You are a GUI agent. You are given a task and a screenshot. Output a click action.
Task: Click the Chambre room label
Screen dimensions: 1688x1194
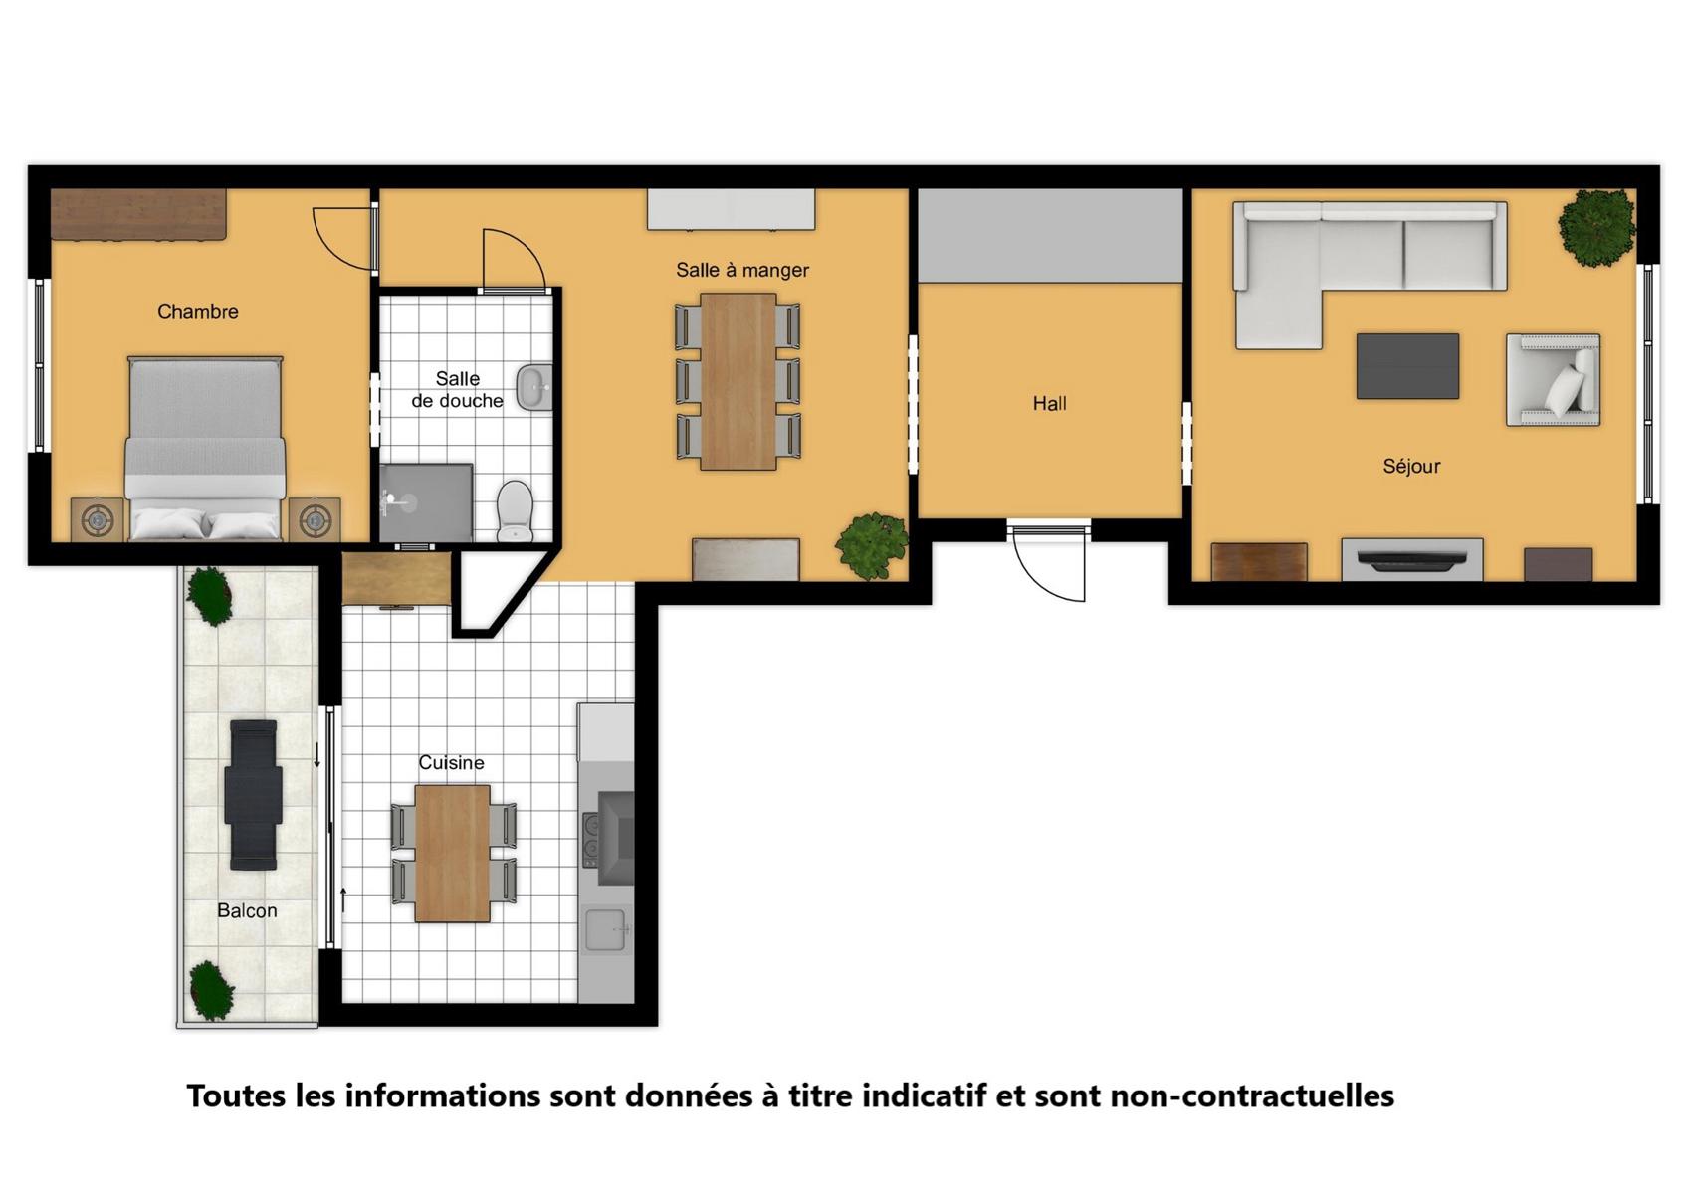point(197,311)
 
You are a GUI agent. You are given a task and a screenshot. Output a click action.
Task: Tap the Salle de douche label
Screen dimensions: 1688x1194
point(458,389)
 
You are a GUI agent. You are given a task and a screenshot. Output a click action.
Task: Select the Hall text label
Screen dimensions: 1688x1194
point(1049,404)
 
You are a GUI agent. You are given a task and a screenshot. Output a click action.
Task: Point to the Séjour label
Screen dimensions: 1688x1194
point(1411,467)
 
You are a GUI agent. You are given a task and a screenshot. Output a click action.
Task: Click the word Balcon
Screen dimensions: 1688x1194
point(247,910)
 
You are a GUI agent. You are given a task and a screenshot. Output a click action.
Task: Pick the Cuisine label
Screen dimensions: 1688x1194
point(452,762)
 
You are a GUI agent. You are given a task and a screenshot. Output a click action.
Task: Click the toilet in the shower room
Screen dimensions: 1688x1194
point(516,510)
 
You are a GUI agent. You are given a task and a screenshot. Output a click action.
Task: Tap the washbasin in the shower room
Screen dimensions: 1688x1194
point(533,387)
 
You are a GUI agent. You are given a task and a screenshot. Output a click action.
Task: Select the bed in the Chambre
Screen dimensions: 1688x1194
point(205,448)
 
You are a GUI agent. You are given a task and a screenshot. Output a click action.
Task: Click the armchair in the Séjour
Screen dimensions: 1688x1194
point(1553,380)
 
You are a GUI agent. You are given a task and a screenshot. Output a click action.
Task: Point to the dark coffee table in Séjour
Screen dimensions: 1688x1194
point(1407,366)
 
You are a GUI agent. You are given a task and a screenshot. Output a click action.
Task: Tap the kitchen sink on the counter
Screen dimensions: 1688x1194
point(606,929)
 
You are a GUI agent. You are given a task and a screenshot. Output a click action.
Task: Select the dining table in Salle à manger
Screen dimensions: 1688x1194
point(738,381)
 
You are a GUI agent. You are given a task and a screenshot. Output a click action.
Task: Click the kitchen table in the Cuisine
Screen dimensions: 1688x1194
point(452,854)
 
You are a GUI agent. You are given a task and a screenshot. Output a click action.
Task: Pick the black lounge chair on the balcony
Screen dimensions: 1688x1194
point(253,795)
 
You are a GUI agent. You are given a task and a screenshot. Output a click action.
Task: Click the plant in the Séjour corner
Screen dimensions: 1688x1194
point(1596,227)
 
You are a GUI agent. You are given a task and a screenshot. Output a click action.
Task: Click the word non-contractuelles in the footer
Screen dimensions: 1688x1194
point(1252,1096)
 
